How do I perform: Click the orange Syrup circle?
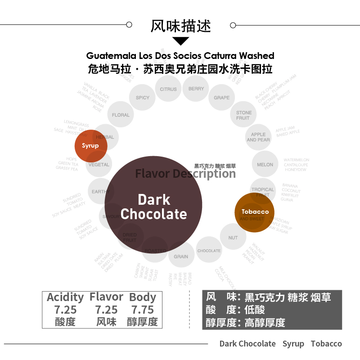point(90,146)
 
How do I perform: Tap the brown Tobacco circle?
point(255,212)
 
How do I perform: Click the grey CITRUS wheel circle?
point(168,89)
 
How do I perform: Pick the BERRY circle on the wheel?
point(196,89)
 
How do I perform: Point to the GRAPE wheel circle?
point(222,98)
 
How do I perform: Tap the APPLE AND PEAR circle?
point(258,137)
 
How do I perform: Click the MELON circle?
point(265,165)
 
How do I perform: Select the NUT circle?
point(233,238)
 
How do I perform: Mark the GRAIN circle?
point(181,256)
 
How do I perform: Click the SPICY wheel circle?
point(143,98)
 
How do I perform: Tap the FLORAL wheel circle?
point(121,115)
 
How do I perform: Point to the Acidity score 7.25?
point(65,310)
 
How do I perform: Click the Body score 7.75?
point(142,310)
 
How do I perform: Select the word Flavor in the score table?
point(106,297)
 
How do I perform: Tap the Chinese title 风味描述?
point(180,25)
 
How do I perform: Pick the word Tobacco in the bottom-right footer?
point(326,344)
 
